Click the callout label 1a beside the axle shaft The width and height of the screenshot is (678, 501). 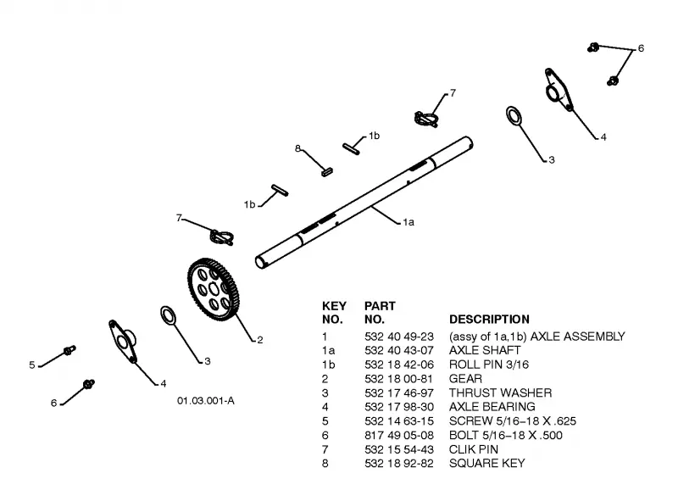[x=408, y=222]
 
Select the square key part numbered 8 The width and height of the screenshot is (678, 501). [x=327, y=172]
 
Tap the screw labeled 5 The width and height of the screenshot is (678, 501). [x=69, y=350]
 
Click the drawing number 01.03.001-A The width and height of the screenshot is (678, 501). [x=206, y=401]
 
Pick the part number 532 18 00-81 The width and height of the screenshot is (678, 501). [x=398, y=379]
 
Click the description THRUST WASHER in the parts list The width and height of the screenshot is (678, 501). [x=500, y=392]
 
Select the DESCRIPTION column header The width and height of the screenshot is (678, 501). [x=489, y=320]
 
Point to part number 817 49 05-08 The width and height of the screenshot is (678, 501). [x=398, y=435]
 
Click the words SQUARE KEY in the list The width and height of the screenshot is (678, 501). [x=486, y=464]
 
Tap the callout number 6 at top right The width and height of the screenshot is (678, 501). [x=641, y=48]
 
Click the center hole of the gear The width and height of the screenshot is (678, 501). [x=214, y=289]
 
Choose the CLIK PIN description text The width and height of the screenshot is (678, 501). [x=474, y=449]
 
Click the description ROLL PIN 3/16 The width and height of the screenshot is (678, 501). [x=489, y=365]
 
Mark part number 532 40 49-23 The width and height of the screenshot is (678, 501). [x=398, y=337]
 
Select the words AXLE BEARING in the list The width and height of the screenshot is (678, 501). [x=492, y=407]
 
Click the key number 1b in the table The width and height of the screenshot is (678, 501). [x=328, y=365]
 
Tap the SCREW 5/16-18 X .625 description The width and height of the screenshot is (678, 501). [x=513, y=421]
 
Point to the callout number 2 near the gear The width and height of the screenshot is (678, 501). [x=260, y=340]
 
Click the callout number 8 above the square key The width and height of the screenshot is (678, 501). [x=297, y=149]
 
